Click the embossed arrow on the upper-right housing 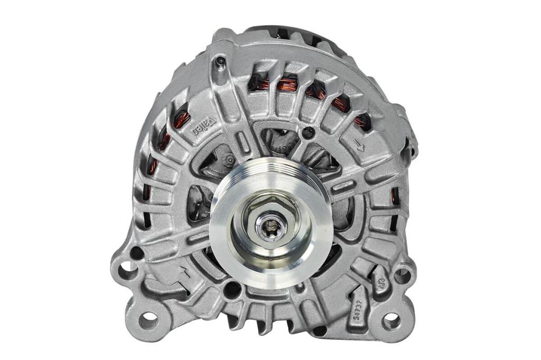(361, 147)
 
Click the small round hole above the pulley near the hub (306, 134)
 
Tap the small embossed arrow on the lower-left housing (186, 272)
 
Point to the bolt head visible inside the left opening (229, 159)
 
